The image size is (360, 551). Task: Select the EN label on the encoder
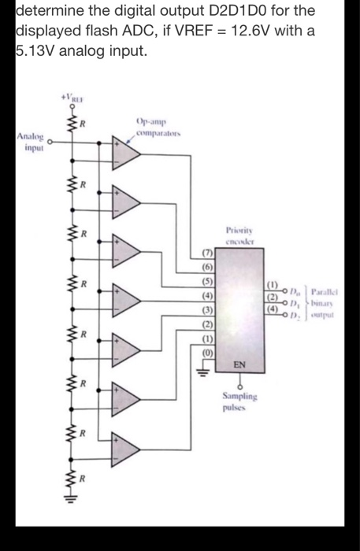[239, 364]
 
